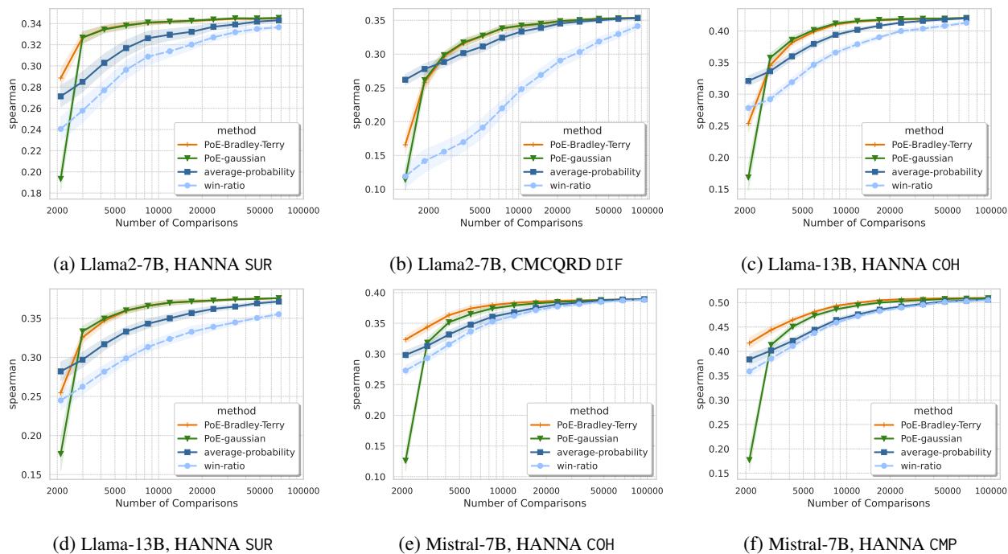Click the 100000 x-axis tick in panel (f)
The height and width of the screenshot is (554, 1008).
pos(991,490)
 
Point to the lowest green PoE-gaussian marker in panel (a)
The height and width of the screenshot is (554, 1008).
pos(60,178)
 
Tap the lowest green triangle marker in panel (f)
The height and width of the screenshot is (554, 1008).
pos(749,460)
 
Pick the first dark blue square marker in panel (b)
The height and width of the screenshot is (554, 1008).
pos(405,80)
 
